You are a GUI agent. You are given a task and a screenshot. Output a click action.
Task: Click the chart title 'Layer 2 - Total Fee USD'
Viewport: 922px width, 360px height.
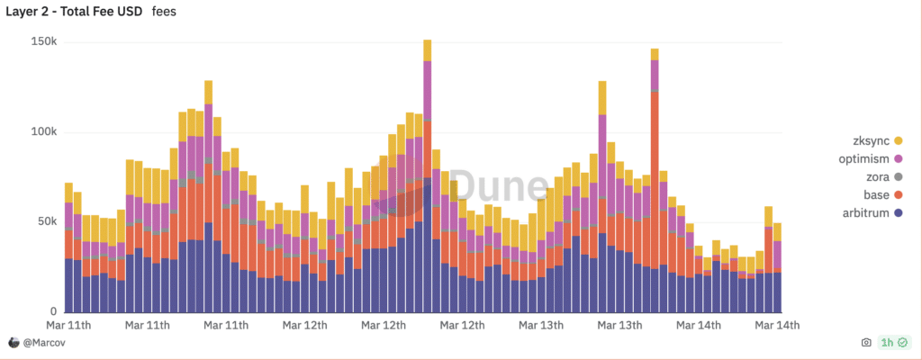click(74, 12)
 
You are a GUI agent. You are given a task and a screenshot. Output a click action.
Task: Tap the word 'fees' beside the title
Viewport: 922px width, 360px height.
click(164, 12)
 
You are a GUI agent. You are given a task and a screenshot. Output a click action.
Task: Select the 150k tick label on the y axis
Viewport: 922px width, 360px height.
click(43, 42)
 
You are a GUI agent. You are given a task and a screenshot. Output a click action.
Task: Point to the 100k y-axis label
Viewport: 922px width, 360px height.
click(43, 132)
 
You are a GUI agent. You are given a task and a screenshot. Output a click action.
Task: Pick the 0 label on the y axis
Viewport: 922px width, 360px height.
click(53, 311)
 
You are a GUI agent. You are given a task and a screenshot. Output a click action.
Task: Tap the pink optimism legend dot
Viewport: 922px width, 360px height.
click(898, 158)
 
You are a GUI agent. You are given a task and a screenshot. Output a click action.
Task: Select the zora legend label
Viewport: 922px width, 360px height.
click(877, 176)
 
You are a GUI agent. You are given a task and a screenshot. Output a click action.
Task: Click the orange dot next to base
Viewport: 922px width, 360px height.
click(898, 194)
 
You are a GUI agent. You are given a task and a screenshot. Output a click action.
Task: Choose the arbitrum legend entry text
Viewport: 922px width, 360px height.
click(865, 213)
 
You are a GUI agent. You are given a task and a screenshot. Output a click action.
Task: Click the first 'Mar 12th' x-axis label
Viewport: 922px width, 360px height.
click(304, 325)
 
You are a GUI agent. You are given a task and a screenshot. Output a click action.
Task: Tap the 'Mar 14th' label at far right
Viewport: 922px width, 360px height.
click(777, 325)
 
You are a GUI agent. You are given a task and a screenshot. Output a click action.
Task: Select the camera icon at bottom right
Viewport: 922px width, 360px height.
click(866, 342)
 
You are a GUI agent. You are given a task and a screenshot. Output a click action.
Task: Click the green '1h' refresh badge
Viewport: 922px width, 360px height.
click(894, 342)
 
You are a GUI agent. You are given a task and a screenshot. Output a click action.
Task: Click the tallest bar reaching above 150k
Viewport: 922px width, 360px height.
click(428, 175)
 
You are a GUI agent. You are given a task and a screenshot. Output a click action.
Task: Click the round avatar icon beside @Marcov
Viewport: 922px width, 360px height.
click(14, 342)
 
